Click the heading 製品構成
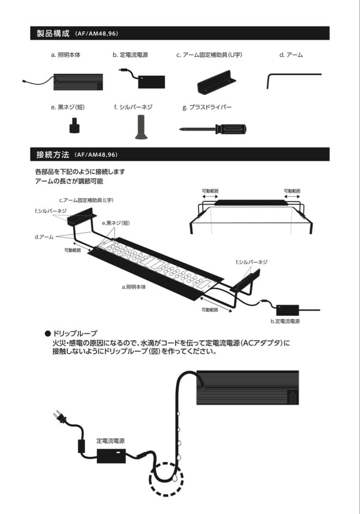tap(53, 33)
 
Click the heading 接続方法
tap(53, 155)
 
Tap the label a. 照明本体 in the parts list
tap(66, 55)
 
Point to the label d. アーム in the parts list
tap(291, 55)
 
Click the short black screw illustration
tap(74, 127)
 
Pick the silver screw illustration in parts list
tap(140, 127)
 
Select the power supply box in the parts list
tap(151, 82)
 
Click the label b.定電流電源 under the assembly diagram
tap(285, 321)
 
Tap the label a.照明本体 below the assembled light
tap(134, 287)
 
